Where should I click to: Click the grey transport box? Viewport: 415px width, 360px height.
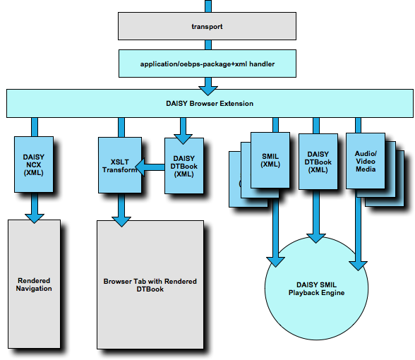coord(207,26)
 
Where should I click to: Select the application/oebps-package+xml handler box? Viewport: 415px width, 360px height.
coord(207,64)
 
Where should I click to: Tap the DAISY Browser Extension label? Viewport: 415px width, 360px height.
coord(210,104)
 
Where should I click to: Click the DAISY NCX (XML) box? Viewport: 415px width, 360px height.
coord(34,164)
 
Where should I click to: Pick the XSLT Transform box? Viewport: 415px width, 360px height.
coord(120,165)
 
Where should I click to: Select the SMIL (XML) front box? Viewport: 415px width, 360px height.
coord(270,160)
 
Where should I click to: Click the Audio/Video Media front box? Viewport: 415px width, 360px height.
coord(366,161)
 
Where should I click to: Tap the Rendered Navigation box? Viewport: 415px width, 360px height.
coord(34,284)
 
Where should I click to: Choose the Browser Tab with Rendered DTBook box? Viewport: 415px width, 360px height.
coord(150,284)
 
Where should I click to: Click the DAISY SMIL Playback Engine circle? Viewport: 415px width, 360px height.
coord(316,289)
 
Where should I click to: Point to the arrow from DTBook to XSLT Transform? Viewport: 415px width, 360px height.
coord(150,167)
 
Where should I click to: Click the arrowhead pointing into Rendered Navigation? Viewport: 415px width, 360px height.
coord(35,218)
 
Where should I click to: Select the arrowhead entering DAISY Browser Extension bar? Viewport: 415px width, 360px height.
coord(208,90)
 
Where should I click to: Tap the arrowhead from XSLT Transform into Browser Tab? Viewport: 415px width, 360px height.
coord(121,222)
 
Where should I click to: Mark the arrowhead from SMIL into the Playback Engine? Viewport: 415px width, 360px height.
coord(275,262)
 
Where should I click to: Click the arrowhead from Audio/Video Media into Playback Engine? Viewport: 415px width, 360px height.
coord(358,265)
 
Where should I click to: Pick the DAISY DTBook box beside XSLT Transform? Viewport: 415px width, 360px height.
coord(184,166)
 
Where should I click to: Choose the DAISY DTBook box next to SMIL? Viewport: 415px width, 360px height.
coord(318,162)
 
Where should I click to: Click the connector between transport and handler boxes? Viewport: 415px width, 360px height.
coord(208,44)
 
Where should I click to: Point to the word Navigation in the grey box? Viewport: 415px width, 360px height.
coord(34,288)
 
